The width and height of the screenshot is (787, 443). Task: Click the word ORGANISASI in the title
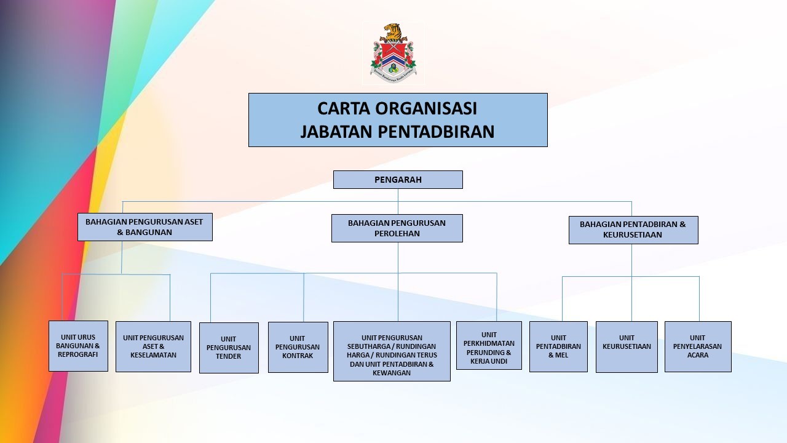[426, 108]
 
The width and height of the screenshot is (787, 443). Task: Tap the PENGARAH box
[398, 180]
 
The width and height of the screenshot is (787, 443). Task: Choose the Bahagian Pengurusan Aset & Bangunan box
[144, 227]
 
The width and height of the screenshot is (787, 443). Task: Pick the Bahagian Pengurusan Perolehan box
[397, 228]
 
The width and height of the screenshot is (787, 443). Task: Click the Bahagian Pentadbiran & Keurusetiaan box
[633, 230]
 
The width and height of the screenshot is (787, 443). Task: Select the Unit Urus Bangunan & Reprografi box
[78, 346]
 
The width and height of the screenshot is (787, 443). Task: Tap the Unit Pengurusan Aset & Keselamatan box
[153, 346]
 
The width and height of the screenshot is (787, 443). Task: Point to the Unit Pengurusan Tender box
[229, 348]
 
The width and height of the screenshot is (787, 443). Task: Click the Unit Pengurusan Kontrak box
[298, 347]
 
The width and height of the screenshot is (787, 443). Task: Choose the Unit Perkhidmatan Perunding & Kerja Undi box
[489, 345]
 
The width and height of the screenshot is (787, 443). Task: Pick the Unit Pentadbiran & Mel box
[558, 346]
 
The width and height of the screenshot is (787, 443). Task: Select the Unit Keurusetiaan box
[627, 346]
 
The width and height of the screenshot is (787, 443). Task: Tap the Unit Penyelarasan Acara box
[698, 346]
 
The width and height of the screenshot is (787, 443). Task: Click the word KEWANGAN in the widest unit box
[392, 373]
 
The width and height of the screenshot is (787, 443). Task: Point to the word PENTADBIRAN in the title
[436, 132]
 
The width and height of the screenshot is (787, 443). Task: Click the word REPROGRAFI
[77, 354]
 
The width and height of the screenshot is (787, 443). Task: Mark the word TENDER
[228, 356]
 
